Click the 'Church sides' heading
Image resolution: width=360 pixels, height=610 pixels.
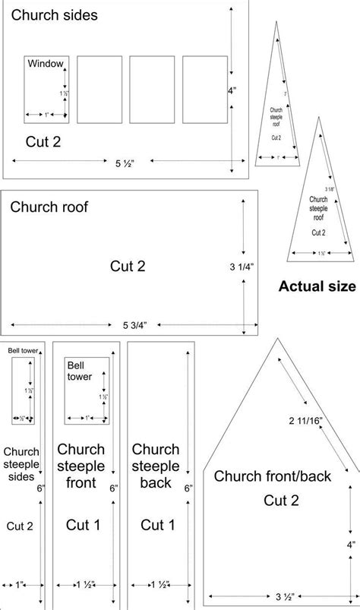54,15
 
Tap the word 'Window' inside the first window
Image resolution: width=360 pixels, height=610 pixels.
47,64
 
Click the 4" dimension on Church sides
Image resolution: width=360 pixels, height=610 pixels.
232,90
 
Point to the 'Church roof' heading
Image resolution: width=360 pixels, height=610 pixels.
49,206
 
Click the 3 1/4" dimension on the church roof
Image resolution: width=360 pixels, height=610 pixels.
242,266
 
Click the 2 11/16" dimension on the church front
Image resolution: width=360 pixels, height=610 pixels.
307,420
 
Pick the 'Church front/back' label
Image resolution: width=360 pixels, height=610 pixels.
273,476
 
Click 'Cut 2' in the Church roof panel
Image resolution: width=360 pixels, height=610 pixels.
128,266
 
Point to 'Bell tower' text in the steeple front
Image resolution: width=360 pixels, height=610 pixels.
80,370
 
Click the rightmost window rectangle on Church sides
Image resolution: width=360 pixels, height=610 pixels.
204,90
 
